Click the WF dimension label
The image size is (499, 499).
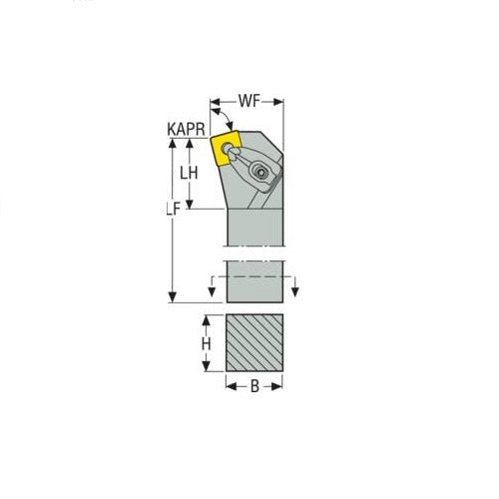pyautogui.click(x=249, y=101)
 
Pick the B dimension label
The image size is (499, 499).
pyautogui.click(x=254, y=387)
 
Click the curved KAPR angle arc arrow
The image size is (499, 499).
pyautogui.click(x=218, y=119)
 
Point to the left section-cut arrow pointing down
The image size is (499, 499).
pyautogui.click(x=213, y=289)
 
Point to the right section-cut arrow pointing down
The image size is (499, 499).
pyautogui.click(x=297, y=289)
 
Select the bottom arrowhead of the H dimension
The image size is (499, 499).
pyautogui.click(x=208, y=370)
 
